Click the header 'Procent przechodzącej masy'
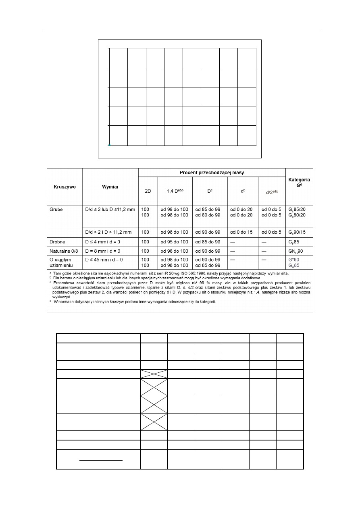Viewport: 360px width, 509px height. pos(212,172)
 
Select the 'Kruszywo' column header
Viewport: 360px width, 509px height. pos(65,187)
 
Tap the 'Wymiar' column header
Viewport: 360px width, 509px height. pos(110,187)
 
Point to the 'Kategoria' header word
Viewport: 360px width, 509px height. pos(300,180)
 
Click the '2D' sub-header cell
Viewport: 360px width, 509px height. pos(148,191)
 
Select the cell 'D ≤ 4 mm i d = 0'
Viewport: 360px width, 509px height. pos(104,242)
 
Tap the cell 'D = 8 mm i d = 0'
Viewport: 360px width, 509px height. pos(104,251)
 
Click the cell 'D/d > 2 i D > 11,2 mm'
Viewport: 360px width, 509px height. pos(109,233)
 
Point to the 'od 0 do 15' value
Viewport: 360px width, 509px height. pos(242,233)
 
